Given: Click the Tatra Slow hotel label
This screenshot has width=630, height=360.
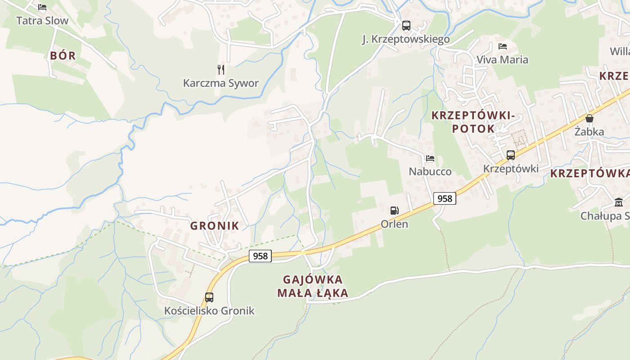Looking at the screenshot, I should click(x=42, y=21).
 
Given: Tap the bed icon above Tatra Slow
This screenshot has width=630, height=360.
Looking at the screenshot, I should click(x=42, y=7).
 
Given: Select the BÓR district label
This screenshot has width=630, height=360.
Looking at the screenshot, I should click(x=63, y=56).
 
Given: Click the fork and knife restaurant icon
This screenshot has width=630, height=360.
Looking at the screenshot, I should click(x=220, y=69).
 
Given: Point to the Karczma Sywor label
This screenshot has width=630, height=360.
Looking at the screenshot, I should click(x=220, y=83).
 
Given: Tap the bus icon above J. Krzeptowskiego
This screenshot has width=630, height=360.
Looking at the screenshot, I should click(x=406, y=26).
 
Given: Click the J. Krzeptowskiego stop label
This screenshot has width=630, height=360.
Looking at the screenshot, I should click(x=406, y=40).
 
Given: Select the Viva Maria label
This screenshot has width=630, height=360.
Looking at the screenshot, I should click(x=502, y=59).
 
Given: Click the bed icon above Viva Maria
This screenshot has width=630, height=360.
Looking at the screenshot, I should click(x=502, y=46).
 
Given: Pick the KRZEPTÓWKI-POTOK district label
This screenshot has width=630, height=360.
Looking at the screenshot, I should click(x=472, y=122).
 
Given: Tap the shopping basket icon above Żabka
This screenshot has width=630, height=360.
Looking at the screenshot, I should click(x=589, y=118).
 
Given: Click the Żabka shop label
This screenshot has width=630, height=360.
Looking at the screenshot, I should click(x=589, y=132).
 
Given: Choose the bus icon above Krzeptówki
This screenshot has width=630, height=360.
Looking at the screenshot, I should click(x=510, y=155).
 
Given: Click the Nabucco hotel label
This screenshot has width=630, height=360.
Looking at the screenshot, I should click(x=430, y=171).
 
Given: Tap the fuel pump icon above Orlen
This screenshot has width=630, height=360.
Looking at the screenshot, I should click(x=394, y=210).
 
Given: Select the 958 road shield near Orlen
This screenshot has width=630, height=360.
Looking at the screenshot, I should click(x=445, y=198).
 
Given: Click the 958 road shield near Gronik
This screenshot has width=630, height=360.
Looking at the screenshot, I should click(x=260, y=256).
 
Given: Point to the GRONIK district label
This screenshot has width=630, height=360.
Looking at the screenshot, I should click(x=215, y=226).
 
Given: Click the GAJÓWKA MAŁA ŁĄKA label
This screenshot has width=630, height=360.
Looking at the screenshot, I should click(x=313, y=286).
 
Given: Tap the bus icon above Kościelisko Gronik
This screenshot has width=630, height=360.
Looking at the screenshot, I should click(x=209, y=297).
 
